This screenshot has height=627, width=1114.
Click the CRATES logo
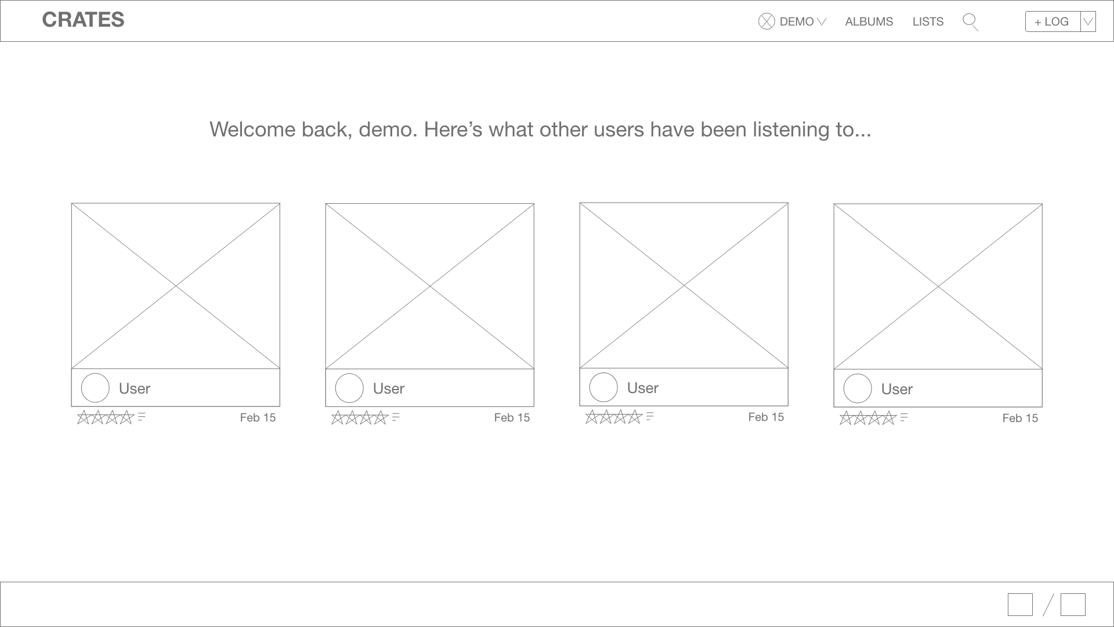(x=83, y=20)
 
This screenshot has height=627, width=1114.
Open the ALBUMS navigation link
(x=869, y=21)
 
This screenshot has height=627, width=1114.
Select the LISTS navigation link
(x=928, y=21)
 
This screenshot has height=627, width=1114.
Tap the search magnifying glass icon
(x=970, y=22)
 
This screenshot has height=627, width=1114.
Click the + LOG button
(x=1052, y=21)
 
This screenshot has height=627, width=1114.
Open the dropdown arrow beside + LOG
(x=1088, y=21)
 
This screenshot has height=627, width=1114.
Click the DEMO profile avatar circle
(x=766, y=21)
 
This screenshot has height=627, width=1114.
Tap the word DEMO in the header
(x=796, y=21)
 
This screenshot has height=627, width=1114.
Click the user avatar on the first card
(x=95, y=388)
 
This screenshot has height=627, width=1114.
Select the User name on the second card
(x=388, y=388)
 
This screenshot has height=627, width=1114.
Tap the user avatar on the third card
(x=603, y=387)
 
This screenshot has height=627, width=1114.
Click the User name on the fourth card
(x=896, y=389)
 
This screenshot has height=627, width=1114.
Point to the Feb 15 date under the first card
(x=258, y=417)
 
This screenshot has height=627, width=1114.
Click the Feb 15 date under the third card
(x=766, y=417)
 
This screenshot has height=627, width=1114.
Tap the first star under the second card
(x=338, y=417)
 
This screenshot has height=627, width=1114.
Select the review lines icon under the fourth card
(x=904, y=417)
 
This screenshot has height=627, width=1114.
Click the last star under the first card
(x=126, y=417)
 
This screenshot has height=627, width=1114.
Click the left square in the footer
(x=1020, y=604)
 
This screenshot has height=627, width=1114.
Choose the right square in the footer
(x=1073, y=604)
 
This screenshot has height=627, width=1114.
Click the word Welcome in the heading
(x=252, y=129)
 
